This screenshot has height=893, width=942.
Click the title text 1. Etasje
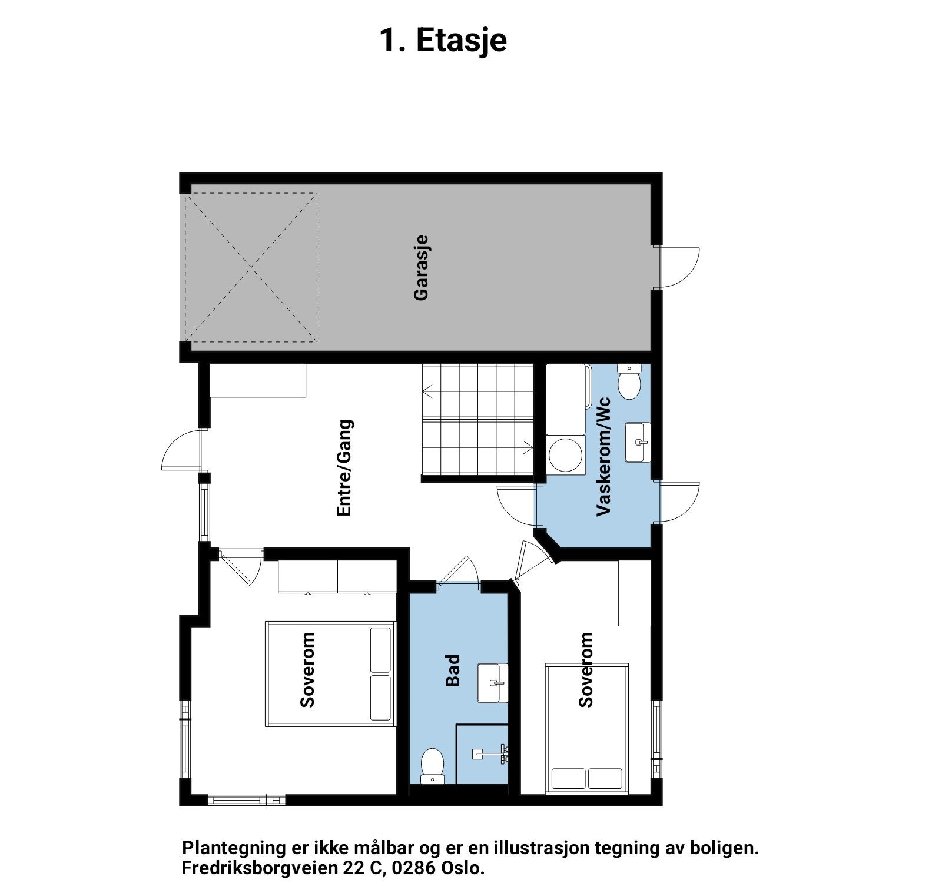443,40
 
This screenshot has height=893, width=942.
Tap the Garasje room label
421,268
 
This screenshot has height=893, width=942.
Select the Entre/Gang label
344,468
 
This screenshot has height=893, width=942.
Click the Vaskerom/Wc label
604,457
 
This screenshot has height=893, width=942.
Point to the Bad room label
452,670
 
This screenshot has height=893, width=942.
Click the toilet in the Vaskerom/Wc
629,383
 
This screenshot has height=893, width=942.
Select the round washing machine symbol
565,454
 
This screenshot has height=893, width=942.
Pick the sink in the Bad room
493,683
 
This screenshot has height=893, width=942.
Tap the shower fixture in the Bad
492,753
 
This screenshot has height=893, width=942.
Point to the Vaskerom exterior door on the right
678,502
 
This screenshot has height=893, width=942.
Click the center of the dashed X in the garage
251,268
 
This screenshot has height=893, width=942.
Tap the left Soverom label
307,670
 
